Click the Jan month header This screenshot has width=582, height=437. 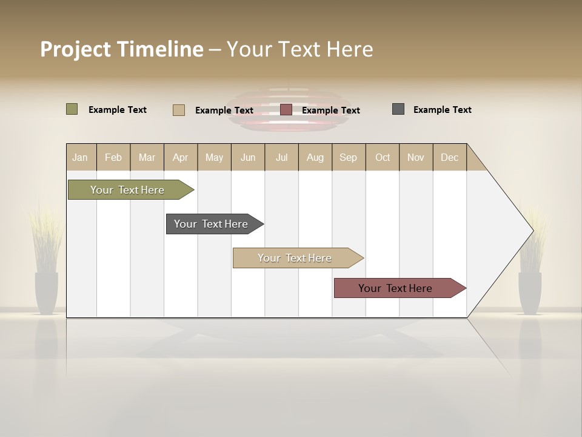(81, 157)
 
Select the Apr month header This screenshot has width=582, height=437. (181, 157)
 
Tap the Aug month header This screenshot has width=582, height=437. (315, 157)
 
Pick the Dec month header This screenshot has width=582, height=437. (449, 157)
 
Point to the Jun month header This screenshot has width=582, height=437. (248, 157)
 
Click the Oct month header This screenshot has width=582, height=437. (383, 157)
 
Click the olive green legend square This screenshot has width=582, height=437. (72, 109)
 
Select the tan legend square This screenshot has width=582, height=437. (179, 110)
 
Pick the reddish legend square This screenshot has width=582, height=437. (286, 110)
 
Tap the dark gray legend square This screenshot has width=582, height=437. (398, 109)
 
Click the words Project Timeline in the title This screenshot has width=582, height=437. (121, 49)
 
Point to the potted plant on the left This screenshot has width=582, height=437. (46, 267)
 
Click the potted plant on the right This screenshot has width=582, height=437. (530, 267)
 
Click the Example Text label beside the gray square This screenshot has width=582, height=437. (442, 109)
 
